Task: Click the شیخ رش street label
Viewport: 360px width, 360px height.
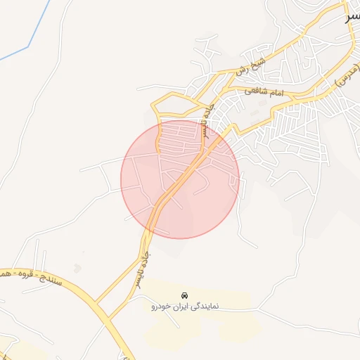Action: point(250,65)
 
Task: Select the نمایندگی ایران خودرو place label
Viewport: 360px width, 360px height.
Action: point(185,307)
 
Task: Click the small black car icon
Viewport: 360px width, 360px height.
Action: point(184,295)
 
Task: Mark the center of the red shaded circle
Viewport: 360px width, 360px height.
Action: point(180,179)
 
